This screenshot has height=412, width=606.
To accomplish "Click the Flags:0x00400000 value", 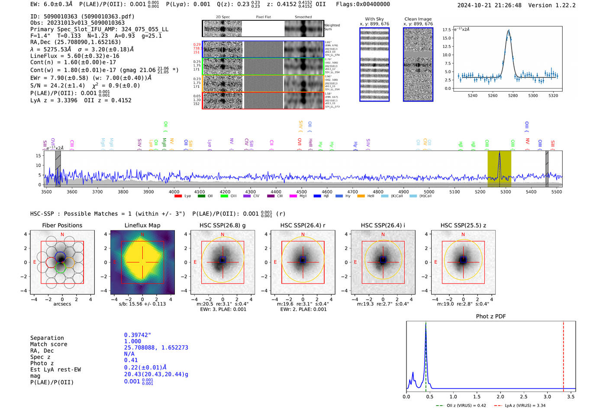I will (363, 4).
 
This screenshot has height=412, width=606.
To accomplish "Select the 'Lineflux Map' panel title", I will (142, 225).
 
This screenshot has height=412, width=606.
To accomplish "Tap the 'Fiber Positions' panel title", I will (62, 225).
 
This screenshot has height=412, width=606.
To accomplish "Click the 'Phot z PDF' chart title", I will (491, 316).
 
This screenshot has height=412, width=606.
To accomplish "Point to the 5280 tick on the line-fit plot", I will (513, 96).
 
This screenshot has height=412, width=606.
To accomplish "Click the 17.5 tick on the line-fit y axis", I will (446, 30).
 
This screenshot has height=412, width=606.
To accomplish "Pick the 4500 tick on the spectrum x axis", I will (301, 192).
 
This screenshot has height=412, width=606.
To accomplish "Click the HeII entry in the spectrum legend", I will (367, 196).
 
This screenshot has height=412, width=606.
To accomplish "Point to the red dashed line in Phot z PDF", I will (564, 355).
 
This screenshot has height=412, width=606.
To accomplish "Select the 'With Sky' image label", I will (374, 19).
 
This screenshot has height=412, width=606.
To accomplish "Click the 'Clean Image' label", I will (418, 19).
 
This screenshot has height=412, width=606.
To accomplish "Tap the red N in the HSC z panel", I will (463, 235).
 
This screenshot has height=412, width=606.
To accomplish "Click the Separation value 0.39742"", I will (138, 335).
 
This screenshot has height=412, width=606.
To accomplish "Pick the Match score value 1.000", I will (132, 341).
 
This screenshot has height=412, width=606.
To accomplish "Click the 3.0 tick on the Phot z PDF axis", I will (548, 396).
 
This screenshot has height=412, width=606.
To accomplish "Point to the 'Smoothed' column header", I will (303, 17).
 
